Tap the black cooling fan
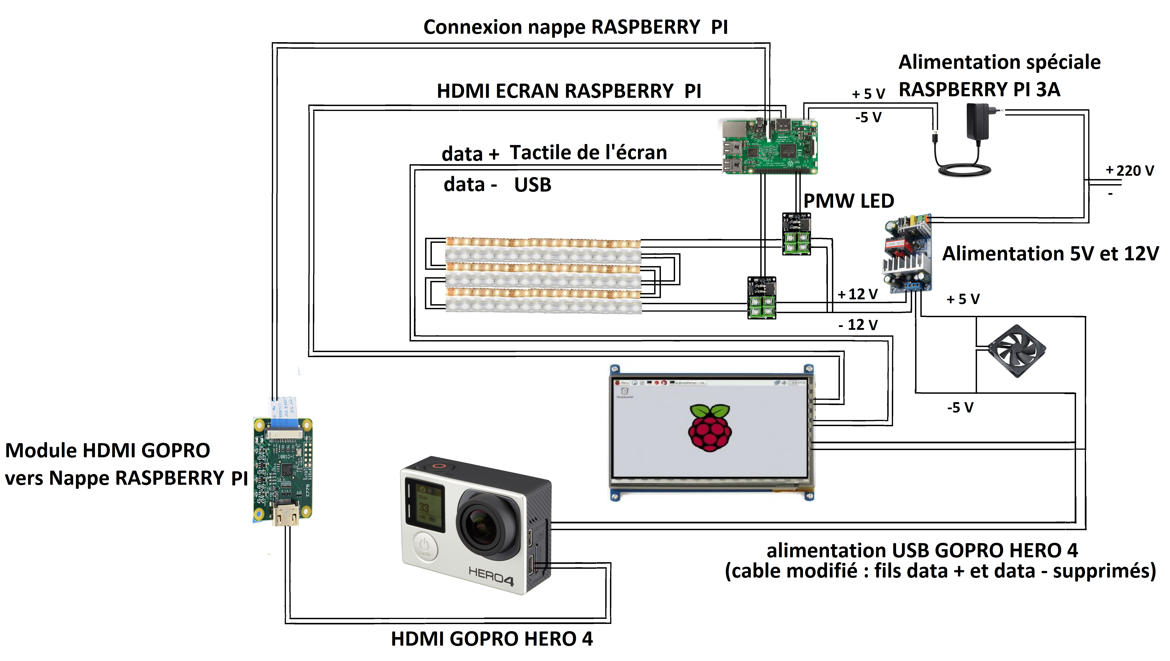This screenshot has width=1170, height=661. tap(1016, 350)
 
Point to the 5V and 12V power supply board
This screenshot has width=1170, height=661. tap(907, 254)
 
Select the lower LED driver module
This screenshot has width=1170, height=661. tap(762, 298)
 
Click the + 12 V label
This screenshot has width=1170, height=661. tap(858, 294)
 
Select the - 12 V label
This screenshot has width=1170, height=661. tap(858, 325)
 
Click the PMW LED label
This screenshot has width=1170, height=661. tap(848, 201)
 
